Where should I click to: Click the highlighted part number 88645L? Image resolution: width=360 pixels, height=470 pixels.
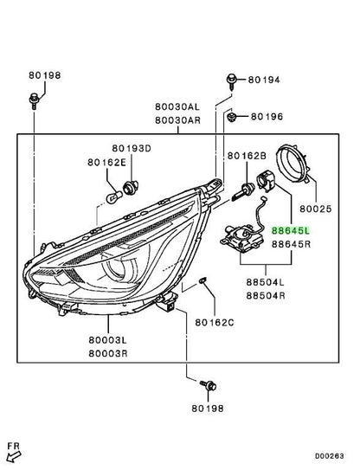pos(291,230)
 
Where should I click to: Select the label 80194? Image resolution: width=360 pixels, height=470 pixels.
pos(264,80)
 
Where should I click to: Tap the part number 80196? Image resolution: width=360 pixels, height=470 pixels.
pos(267,116)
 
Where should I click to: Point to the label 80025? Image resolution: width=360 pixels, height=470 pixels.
pos(316,209)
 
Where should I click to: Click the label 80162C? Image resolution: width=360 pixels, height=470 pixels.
pos(215,323)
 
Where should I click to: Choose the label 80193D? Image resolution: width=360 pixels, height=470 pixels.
pos(132,148)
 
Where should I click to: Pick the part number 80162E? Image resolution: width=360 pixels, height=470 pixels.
pos(106,162)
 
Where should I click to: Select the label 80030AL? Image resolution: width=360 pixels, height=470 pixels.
pos(177,106)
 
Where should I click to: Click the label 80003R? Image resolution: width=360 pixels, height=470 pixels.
pos(108,354)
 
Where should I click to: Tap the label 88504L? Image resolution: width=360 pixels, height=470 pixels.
pos(266,282)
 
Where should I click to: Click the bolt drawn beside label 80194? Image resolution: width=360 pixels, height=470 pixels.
pos(231,81)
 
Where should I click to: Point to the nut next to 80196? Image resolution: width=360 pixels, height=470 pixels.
pos(231,116)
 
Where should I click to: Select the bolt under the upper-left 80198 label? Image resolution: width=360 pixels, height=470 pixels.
pos(34,101)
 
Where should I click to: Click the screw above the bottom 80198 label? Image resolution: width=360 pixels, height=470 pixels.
pos(209,385)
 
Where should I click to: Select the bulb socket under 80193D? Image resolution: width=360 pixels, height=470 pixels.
pos(131,188)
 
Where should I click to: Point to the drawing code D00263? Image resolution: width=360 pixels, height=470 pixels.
pos(330,456)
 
